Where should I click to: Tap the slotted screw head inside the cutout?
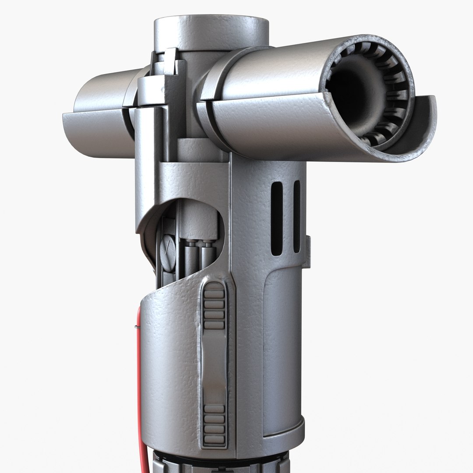pyautogui.click(x=168, y=250)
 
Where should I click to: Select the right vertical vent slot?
pyautogui.click(x=297, y=216)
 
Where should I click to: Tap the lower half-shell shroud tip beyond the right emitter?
pyautogui.click(x=420, y=131)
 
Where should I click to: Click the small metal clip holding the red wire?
pyautogui.click(x=137, y=326)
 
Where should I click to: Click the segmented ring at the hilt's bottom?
pyautogui.click(x=219, y=462)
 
